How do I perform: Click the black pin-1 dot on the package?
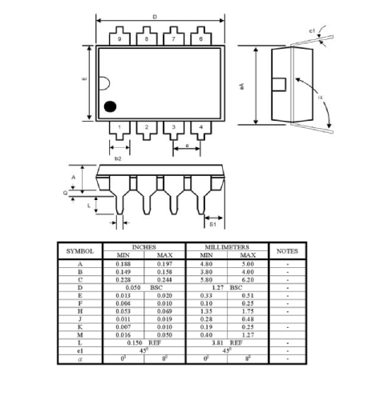110,105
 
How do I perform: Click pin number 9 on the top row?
119,38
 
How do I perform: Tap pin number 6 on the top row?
200,38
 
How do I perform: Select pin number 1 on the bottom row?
119,126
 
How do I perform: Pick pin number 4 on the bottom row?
200,126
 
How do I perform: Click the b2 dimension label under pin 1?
118,158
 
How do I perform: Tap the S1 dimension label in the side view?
212,226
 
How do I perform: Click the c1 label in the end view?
313,30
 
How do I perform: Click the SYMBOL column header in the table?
79,251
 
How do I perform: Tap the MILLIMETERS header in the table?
224,247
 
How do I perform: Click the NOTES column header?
287,251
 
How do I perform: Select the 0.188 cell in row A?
123,263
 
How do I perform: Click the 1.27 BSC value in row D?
224,286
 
